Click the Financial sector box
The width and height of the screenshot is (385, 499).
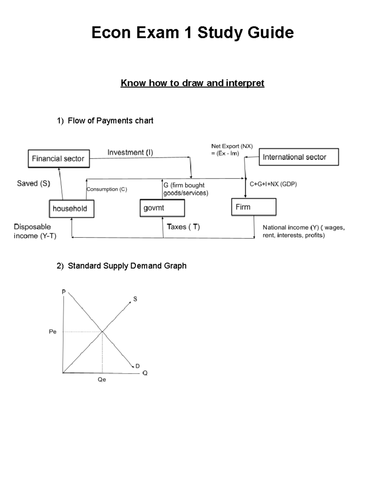[x=59, y=158]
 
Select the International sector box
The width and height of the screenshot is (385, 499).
[x=299, y=157]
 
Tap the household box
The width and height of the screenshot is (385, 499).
[x=71, y=209]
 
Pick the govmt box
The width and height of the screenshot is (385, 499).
[x=162, y=208]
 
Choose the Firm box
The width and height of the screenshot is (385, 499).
[x=253, y=207]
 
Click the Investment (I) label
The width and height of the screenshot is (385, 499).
[x=130, y=152]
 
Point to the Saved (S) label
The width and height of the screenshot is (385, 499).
[x=33, y=183]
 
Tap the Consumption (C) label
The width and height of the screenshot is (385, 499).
[x=107, y=189]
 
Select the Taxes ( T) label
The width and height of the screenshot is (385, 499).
[x=183, y=227]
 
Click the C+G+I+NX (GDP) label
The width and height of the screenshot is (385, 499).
[x=273, y=184]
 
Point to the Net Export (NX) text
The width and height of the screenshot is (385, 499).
[x=232, y=146]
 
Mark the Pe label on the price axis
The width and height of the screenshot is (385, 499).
[x=53, y=332]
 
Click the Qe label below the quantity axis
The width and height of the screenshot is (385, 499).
[x=102, y=379]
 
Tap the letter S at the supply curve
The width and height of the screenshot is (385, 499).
[x=135, y=299]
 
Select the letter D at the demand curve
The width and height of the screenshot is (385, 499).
[x=137, y=366]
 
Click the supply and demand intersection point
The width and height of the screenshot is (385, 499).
[x=102, y=332]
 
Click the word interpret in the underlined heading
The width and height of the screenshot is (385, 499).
[x=245, y=83]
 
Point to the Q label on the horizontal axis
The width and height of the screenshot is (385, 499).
[x=145, y=373]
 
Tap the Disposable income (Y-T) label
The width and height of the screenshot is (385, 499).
[x=35, y=231]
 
